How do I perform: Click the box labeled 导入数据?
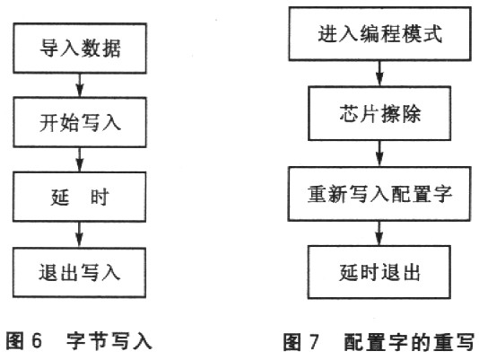tap(80, 48)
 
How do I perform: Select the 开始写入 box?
tap(80, 122)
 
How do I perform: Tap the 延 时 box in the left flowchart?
tap(80, 197)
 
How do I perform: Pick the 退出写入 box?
tap(80, 273)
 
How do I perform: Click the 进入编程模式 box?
tap(379, 33)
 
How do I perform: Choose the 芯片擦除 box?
tap(379, 113)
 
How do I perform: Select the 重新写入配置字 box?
tap(379, 194)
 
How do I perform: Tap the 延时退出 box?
tap(379, 272)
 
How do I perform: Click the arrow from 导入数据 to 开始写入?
tap(80, 85)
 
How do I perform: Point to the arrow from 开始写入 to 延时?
tap(80, 160)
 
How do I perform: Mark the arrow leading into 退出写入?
tap(80, 234)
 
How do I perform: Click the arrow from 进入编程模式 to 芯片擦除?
tap(379, 74)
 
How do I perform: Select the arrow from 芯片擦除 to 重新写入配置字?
tap(379, 154)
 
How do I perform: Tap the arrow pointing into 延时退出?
tap(379, 233)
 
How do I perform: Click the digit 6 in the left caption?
tap(37, 340)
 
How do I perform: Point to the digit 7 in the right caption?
tap(314, 342)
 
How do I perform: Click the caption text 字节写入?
tap(109, 341)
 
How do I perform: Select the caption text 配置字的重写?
tap(409, 342)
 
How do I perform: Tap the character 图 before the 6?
tap(15, 340)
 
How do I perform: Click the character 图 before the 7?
tap(292, 342)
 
